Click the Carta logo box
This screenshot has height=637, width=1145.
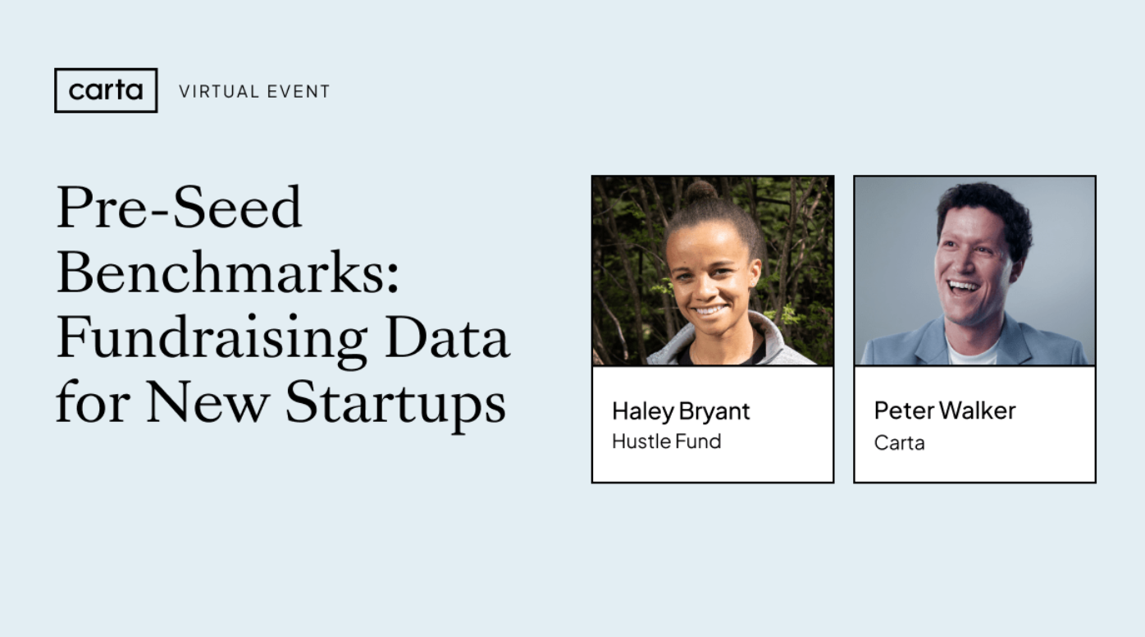(106, 90)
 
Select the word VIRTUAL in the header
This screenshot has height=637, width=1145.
(217, 92)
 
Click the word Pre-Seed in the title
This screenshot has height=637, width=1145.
(179, 208)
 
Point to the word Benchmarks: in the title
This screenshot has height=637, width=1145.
(227, 273)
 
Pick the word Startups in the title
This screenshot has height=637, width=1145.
(395, 404)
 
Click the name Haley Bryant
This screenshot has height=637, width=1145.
(681, 411)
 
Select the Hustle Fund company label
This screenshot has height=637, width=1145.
(666, 442)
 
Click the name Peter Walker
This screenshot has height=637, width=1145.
(945, 410)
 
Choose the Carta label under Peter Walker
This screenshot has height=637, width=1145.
(899, 443)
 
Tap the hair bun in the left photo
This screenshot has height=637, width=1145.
(700, 192)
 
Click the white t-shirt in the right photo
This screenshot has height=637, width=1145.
(973, 353)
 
